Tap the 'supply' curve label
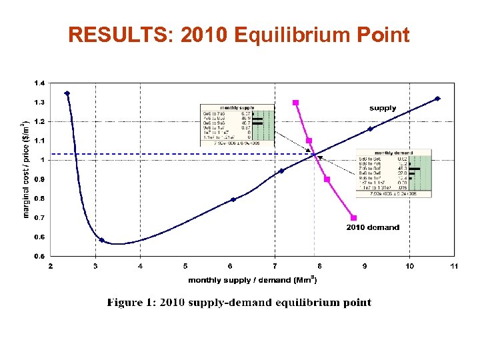383,108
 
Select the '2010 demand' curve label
373,227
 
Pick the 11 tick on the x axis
453,266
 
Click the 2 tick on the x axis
51,266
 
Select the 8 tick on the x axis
319,266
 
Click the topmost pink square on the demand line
295,103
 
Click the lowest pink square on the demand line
353,218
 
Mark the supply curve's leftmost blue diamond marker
67,93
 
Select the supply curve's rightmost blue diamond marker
437,99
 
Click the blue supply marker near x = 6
233,199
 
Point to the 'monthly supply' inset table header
237,107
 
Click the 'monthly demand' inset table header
393,153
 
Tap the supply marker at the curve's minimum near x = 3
101,240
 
